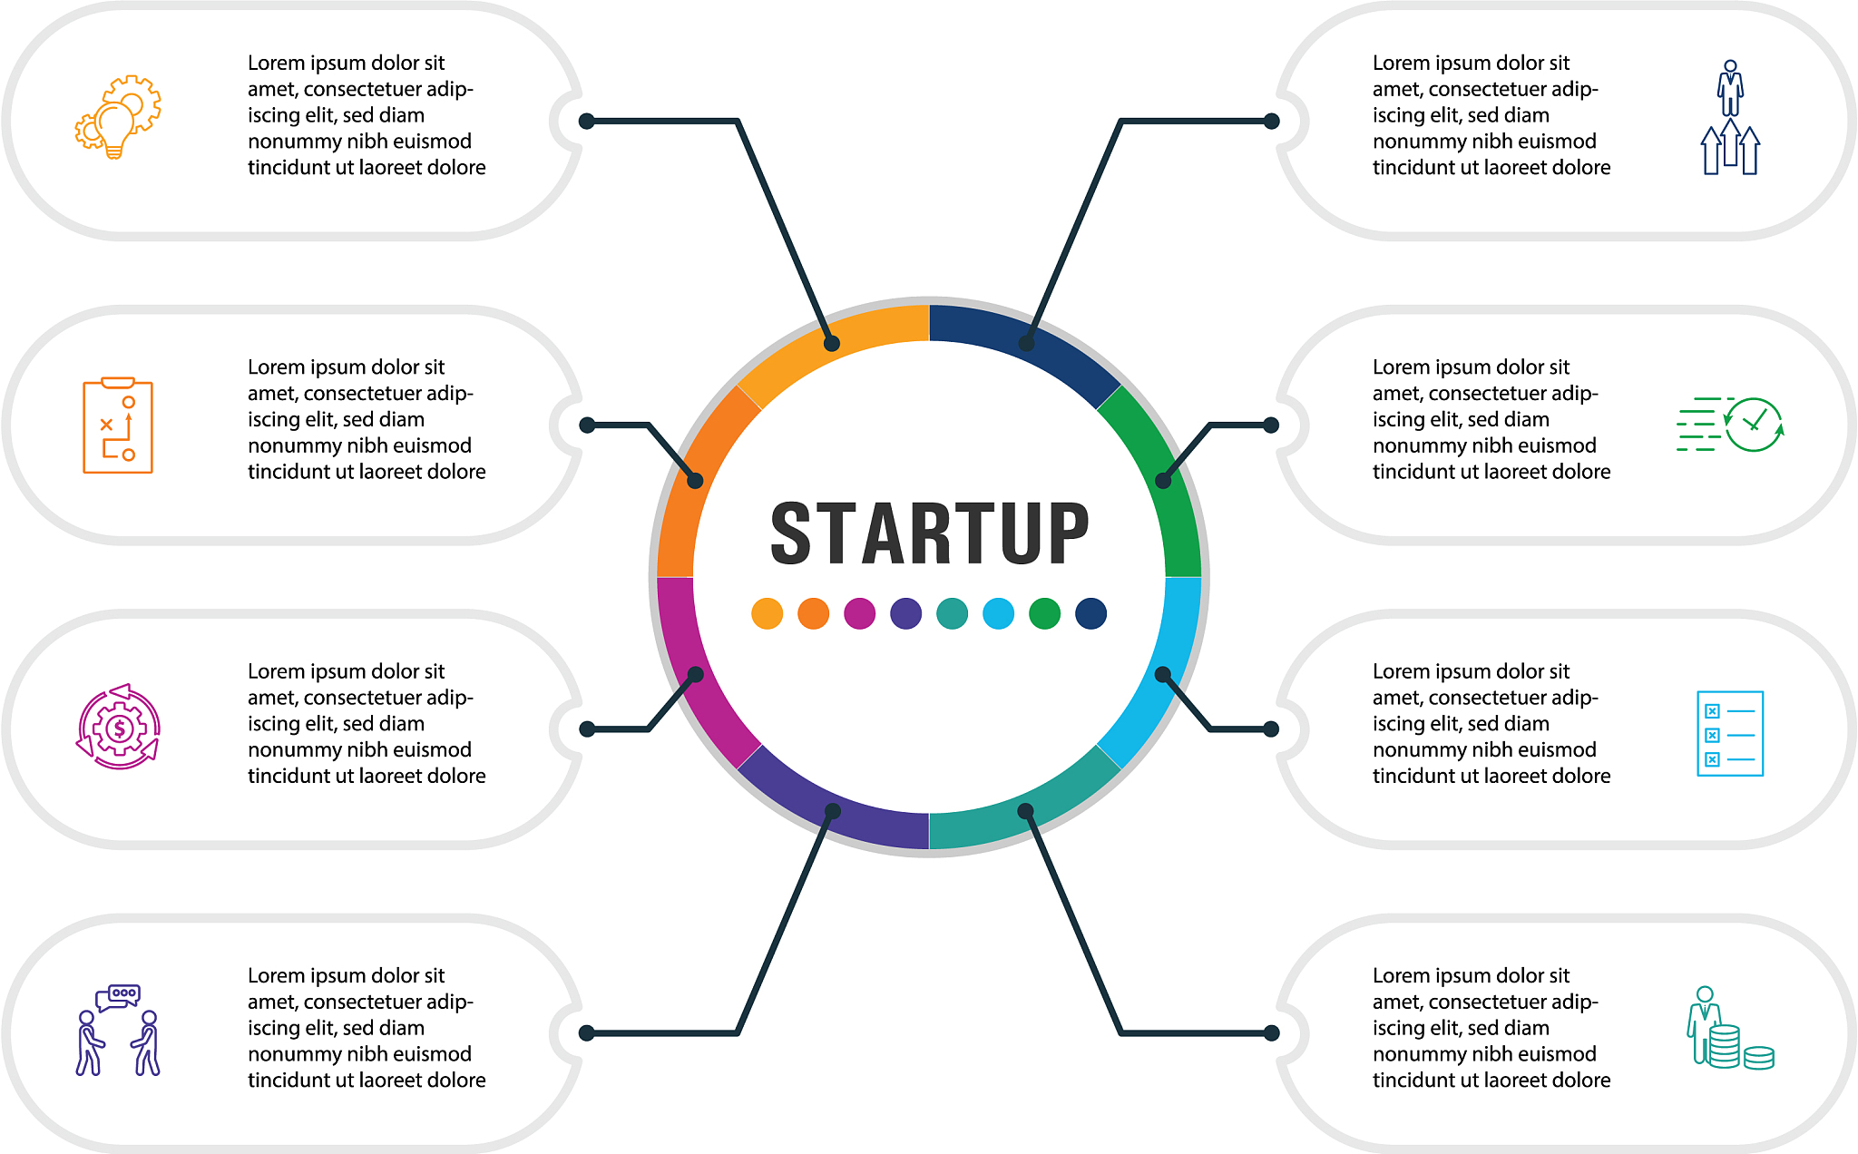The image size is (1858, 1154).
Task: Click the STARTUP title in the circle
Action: click(x=929, y=533)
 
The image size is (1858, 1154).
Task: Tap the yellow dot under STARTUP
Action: click(x=767, y=613)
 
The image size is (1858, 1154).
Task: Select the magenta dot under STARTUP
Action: click(x=859, y=613)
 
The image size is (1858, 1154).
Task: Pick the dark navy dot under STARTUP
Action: click(x=1090, y=613)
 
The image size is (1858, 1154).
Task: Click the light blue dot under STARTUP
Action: click(x=998, y=613)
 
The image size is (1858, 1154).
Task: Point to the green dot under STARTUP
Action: click(x=1044, y=613)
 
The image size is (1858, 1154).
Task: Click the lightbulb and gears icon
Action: click(x=118, y=117)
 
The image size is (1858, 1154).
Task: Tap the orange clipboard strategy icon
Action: click(x=118, y=425)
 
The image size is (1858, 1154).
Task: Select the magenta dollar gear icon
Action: click(x=118, y=728)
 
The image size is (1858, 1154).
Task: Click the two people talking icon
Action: click(x=118, y=1031)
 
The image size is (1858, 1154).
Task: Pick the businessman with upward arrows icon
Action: click(x=1730, y=117)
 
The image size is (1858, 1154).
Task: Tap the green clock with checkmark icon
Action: click(x=1730, y=425)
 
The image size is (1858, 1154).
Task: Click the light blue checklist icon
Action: click(x=1730, y=733)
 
